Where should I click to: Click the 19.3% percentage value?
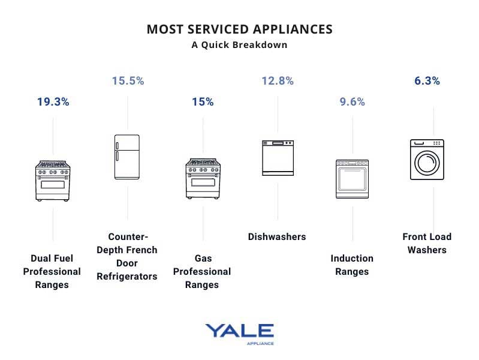(53, 102)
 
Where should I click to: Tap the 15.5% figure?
(128, 80)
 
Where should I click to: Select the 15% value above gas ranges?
(203, 102)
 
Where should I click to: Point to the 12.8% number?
(278, 80)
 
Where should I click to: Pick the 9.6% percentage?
(353, 102)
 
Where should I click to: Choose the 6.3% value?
(427, 80)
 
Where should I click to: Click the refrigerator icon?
(127, 157)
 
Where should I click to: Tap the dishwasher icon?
(278, 158)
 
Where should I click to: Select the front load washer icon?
(427, 160)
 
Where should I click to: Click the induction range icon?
(353, 179)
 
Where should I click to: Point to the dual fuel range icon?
(53, 179)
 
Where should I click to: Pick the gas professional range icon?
(203, 179)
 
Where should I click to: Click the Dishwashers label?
(277, 237)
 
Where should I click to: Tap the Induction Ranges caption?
(352, 265)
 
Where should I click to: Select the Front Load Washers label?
(427, 244)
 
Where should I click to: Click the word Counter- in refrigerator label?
(128, 237)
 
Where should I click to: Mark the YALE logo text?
(239, 331)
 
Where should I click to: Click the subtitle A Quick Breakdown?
(239, 45)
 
